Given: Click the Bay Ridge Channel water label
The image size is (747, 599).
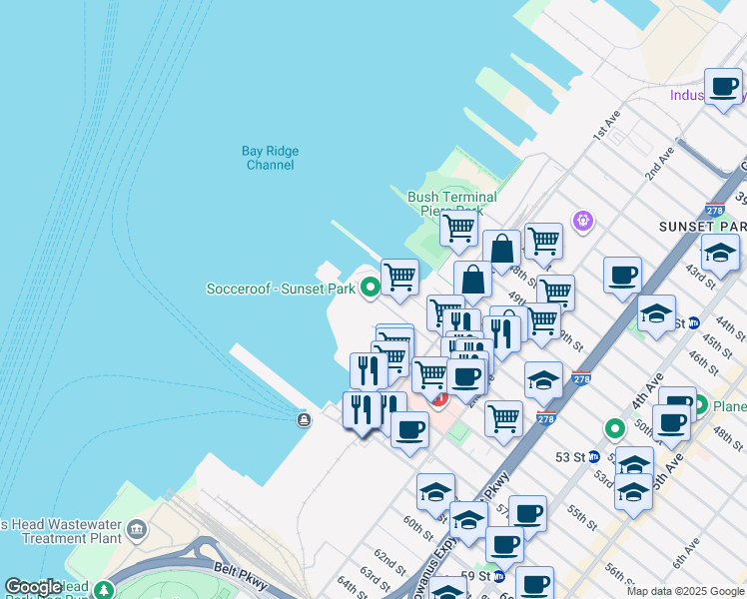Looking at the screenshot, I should (270, 158).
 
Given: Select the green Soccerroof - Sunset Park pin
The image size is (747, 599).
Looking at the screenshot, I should (371, 288).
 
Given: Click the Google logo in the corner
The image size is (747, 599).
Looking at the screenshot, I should (33, 587).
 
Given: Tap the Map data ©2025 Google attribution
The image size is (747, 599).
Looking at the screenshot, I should (684, 591).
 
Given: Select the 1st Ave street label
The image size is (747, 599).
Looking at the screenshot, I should (606, 128).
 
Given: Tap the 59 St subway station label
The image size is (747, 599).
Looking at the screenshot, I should (475, 577).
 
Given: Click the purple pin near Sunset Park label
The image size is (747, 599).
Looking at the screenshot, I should (583, 220).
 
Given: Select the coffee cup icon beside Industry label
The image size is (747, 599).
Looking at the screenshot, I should (723, 87).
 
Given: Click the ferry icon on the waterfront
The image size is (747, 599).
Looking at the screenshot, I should (303, 419).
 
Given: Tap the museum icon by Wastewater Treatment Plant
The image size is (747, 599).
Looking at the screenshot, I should (137, 528).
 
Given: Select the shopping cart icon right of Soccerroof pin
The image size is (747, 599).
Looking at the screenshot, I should (399, 276).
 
